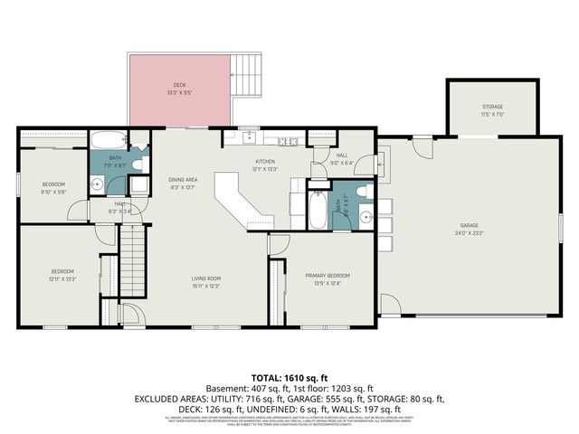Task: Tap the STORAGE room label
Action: pos(492,111)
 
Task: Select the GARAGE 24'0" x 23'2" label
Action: pos(469,229)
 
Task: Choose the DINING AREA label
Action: pos(183,183)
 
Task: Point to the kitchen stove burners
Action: pos(289,141)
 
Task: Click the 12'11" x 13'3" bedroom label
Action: pos(62,276)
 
